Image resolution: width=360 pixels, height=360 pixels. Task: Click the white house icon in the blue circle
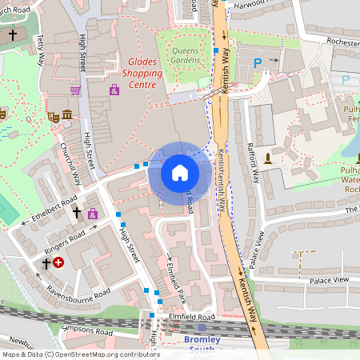click(x=179, y=173)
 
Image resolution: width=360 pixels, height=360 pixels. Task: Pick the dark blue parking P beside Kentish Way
click(x=257, y=62)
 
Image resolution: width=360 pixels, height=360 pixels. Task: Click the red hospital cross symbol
click(x=58, y=262)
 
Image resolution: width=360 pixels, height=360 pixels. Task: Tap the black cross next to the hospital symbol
click(x=46, y=262)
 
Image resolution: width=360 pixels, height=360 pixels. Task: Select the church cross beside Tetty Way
click(x=12, y=35)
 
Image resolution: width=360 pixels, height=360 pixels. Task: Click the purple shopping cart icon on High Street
click(x=75, y=90)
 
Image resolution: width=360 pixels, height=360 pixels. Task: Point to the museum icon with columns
click(x=66, y=117)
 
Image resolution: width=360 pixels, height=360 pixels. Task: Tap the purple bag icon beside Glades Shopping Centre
click(x=114, y=90)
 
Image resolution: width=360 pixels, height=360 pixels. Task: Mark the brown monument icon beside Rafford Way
click(x=268, y=157)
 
